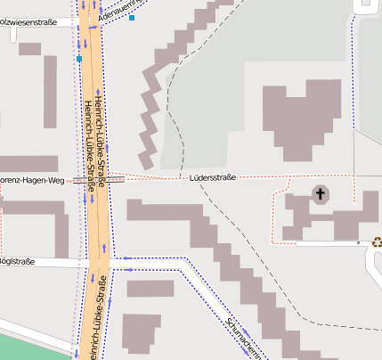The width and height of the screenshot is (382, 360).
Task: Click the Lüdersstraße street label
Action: [x=213, y=177]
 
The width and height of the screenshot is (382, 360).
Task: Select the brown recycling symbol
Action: [x=377, y=241]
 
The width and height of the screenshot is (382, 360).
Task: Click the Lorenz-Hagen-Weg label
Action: [x=32, y=180]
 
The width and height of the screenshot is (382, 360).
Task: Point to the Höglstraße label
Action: [x=17, y=261]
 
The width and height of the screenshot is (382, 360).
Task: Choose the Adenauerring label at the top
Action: [x=116, y=11]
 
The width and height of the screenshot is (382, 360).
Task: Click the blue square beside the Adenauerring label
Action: [x=132, y=18]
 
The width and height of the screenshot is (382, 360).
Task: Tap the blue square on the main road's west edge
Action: [x=79, y=59]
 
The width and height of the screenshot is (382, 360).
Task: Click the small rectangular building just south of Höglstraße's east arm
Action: [x=150, y=289]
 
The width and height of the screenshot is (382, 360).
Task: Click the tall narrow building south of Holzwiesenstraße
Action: [x=50, y=98]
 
